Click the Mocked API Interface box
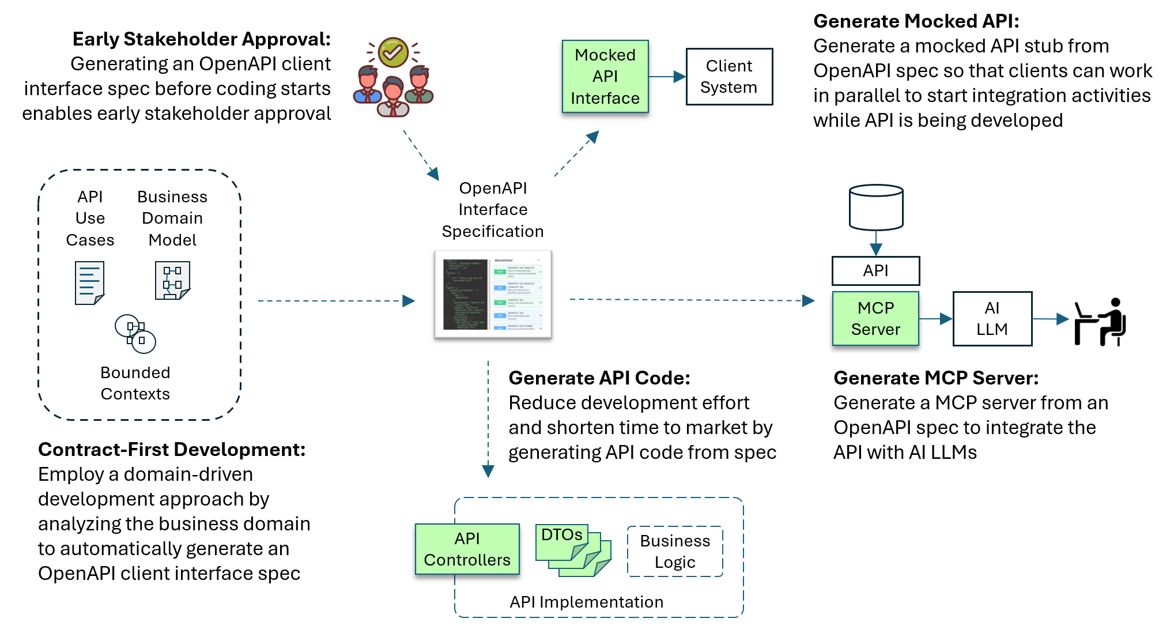605,76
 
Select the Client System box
728,77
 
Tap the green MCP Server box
875,318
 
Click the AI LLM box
992,318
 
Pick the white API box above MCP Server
875,270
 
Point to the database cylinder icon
875,207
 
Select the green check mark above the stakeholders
393,52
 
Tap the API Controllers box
467,549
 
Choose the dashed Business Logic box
675,551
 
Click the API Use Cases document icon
89,282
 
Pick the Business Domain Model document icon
172,280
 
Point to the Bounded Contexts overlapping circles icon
135,333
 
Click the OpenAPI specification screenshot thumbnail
493,294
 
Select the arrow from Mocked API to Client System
667,77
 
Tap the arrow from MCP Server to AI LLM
935,319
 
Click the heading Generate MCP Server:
935,378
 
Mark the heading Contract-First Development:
172,449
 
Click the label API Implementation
586,602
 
